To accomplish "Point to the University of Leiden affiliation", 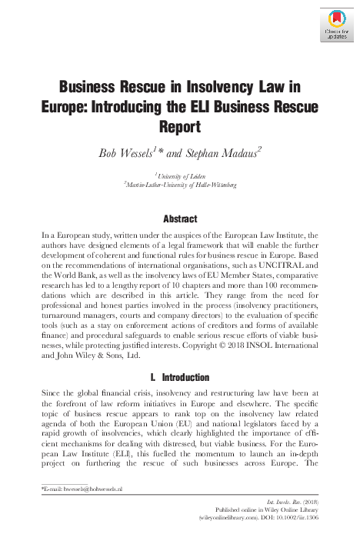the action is [x=180, y=176].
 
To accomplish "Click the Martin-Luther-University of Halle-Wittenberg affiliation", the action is [x=179, y=185].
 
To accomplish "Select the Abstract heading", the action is [x=179, y=219].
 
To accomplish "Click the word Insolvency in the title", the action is [x=216, y=86].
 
